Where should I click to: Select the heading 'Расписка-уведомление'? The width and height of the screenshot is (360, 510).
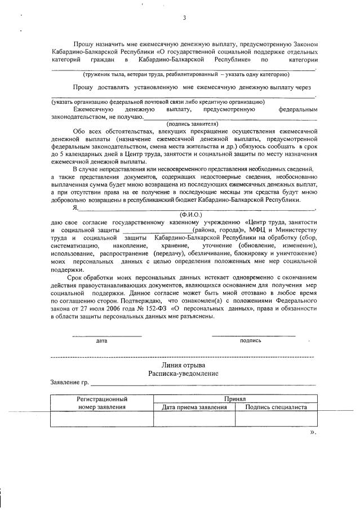tap(184, 374)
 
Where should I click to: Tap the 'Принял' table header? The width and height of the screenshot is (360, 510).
tap(235, 398)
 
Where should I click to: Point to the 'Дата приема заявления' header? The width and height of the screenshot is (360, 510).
tap(194, 407)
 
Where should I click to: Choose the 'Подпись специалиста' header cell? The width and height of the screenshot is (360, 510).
tap(276, 407)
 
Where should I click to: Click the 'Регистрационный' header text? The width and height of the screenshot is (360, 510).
tap(102, 398)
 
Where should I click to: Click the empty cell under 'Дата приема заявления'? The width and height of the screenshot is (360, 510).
tap(194, 419)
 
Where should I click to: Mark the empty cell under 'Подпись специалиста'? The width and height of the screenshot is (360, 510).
tap(276, 419)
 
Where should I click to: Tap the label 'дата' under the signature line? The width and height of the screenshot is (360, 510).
tap(101, 341)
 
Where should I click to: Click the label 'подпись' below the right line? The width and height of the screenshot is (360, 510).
tap(250, 341)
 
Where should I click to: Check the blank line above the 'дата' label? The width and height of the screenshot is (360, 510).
tap(106, 336)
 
